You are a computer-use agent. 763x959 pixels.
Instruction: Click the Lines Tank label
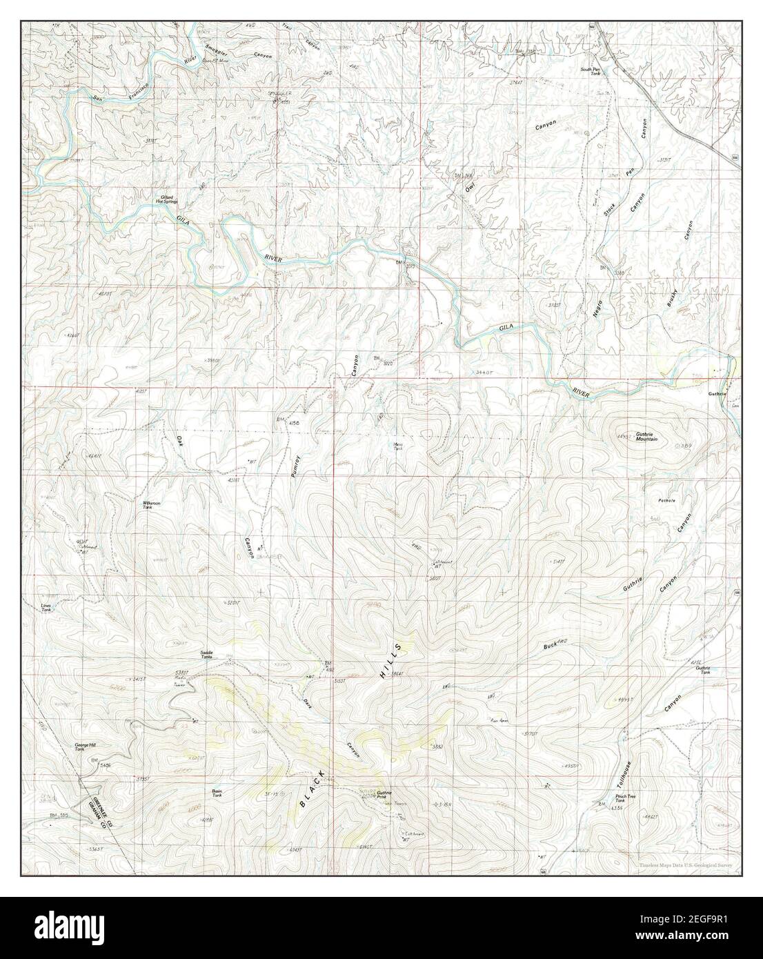point(46,608)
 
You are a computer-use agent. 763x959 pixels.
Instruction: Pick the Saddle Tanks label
point(206,654)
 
